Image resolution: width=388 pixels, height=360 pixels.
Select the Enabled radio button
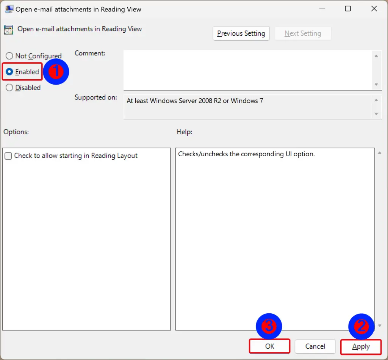click(9, 72)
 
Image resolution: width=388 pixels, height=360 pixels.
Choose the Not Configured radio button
click(9, 56)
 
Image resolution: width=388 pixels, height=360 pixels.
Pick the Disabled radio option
click(9, 88)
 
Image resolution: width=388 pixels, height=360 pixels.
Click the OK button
click(269, 346)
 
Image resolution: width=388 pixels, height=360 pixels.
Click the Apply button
click(361, 346)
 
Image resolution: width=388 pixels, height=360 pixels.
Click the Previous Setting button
click(241, 33)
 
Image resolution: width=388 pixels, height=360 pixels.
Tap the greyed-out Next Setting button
click(303, 33)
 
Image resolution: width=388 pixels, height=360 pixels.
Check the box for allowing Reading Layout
click(8, 156)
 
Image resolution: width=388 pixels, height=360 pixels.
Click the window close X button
click(374, 9)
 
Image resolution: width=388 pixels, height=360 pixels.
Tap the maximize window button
click(347, 9)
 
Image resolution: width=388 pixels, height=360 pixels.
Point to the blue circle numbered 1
click(56, 71)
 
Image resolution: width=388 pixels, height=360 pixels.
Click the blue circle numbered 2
click(361, 326)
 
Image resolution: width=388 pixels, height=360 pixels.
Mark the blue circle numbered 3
click(269, 326)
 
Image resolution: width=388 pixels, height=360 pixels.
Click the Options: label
click(16, 132)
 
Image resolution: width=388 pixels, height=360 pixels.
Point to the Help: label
click(184, 132)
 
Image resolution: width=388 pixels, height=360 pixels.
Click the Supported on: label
click(95, 97)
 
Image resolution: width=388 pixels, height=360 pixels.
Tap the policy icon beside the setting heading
click(9, 30)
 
